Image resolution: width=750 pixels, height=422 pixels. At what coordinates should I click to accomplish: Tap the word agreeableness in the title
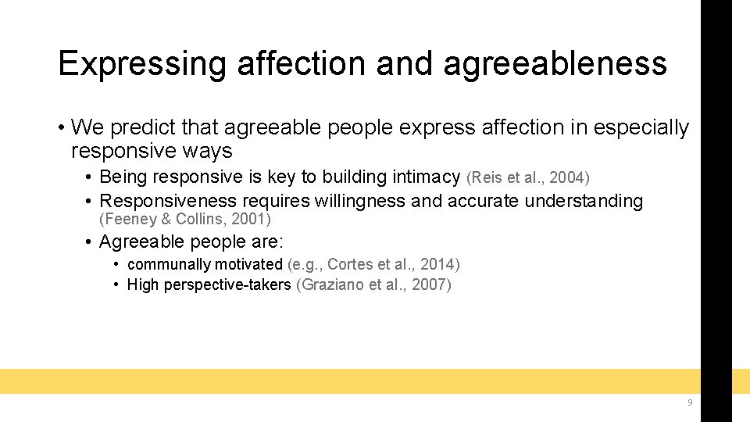[x=555, y=64]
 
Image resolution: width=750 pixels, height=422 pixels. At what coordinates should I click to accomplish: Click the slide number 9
[x=690, y=402]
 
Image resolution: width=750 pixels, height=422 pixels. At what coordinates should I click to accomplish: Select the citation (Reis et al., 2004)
[x=527, y=178]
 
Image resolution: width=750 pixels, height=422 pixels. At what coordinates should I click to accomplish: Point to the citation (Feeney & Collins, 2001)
[x=184, y=219]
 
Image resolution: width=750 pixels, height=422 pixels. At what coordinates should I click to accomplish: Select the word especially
[x=641, y=127]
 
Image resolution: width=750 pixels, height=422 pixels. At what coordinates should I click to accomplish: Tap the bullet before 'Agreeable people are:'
[x=90, y=241]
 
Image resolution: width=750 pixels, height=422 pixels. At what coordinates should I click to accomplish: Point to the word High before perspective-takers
[x=143, y=284]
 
